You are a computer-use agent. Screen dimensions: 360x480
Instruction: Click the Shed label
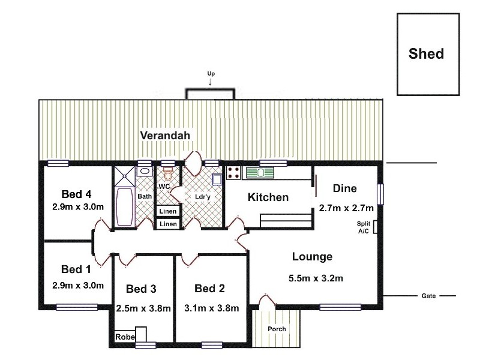(426, 54)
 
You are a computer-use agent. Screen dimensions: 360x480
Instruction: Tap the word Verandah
(165, 136)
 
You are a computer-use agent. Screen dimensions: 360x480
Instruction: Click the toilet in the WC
(168, 175)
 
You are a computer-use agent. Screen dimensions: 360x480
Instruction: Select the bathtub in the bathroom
(125, 207)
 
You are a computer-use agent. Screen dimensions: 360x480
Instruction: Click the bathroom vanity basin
(145, 172)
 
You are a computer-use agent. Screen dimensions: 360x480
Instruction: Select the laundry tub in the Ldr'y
(217, 178)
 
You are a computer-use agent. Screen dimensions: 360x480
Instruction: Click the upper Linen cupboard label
(168, 211)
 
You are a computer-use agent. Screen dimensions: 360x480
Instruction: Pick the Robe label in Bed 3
(124, 337)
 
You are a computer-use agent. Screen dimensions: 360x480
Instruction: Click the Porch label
(277, 329)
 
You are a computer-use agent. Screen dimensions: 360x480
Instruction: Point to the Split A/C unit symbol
(375, 227)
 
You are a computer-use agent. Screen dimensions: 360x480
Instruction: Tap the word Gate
(428, 296)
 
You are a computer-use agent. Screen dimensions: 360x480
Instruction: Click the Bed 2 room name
(209, 289)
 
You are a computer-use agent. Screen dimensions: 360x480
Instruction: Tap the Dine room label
(344, 188)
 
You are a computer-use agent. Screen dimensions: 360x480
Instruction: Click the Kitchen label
(268, 197)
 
